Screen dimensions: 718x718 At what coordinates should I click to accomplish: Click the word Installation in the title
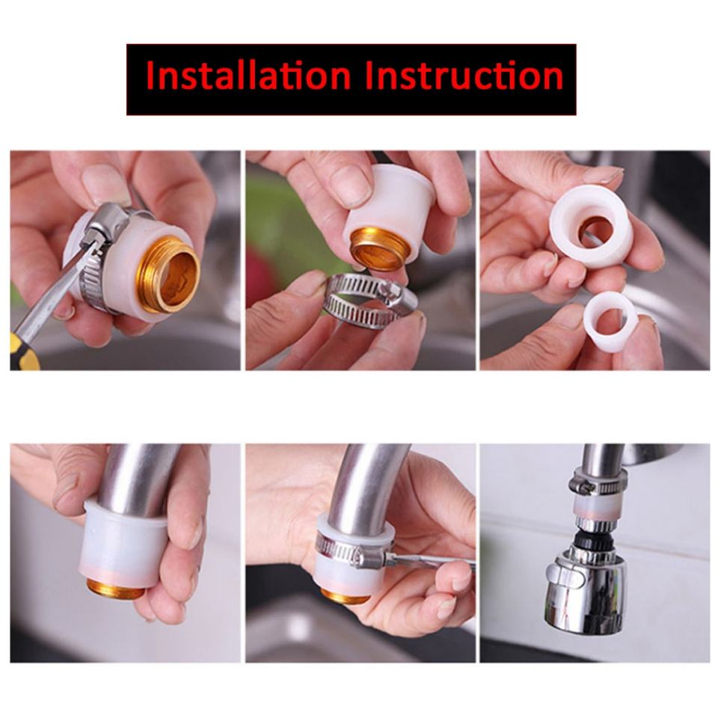[248, 76]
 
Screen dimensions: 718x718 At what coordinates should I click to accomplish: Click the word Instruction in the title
[464, 76]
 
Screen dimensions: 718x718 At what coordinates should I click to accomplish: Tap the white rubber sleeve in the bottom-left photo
[123, 544]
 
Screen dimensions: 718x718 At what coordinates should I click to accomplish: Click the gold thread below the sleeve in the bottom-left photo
[115, 589]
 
